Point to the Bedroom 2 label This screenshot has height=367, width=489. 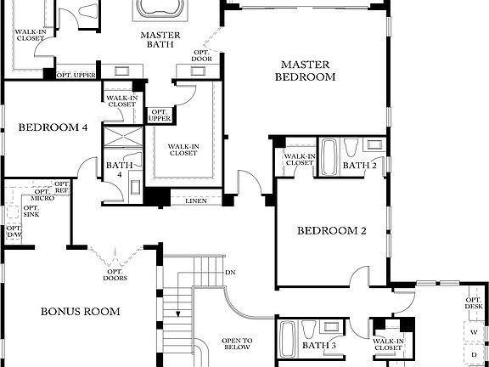331,230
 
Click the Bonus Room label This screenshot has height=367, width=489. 80,311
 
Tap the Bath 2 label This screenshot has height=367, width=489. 358,165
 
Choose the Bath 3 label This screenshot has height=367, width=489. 320,346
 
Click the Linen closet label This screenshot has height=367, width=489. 194,200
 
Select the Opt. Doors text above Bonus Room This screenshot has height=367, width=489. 115,273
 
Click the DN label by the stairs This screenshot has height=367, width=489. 230,273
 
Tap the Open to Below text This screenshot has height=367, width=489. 237,342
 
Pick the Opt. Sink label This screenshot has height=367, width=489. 31,212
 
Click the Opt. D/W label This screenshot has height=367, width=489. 14,232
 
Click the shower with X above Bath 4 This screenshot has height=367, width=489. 118,140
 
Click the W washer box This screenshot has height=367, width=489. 474,332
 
